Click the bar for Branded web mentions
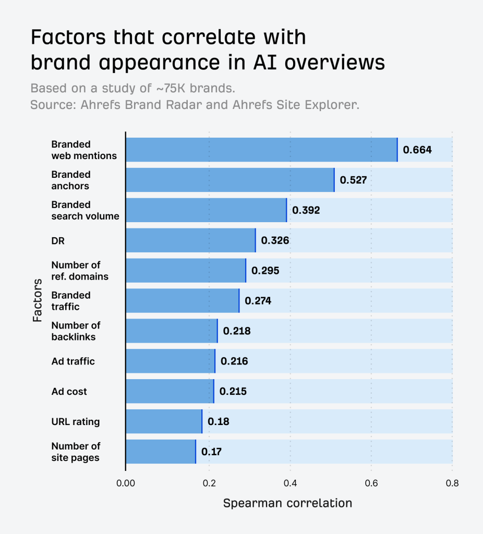(261, 150)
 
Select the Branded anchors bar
(230, 180)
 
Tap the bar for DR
(190, 240)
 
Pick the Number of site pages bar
(161, 452)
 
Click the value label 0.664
(417, 150)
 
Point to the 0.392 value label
(306, 210)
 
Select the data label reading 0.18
(218, 421)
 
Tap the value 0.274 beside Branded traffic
(258, 301)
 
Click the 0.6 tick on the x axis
(371, 482)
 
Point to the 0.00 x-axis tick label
(125, 482)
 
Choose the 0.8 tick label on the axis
(452, 482)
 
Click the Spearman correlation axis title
(287, 503)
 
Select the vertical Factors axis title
(38, 300)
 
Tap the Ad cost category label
(69, 391)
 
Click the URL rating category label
(75, 421)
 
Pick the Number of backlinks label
(76, 331)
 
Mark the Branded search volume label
(85, 210)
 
